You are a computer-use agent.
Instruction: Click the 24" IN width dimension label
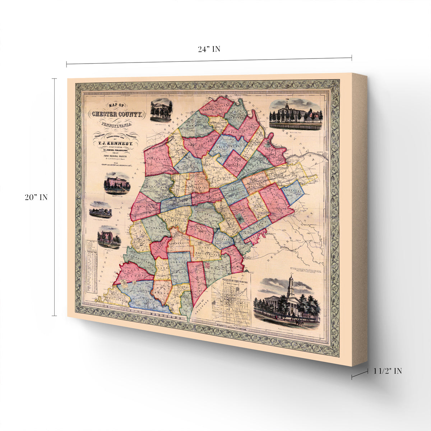(x=209, y=49)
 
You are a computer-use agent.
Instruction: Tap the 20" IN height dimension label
(x=36, y=197)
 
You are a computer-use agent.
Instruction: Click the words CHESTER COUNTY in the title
(x=117, y=115)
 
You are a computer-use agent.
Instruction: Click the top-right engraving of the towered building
(x=296, y=114)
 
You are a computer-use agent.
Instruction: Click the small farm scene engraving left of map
(x=101, y=210)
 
